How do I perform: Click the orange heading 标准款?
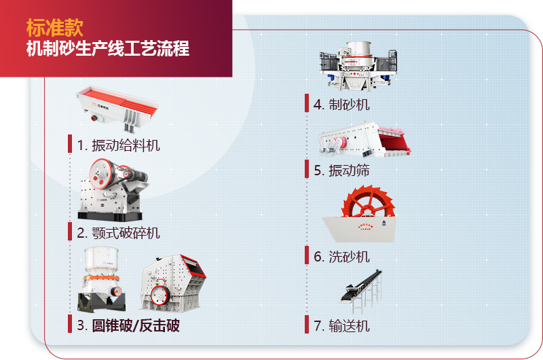pyautogui.click(x=55, y=27)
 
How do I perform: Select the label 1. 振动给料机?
pyautogui.click(x=119, y=145)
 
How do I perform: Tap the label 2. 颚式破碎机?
pyautogui.click(x=119, y=232)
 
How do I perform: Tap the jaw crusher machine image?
pyautogui.click(x=112, y=187)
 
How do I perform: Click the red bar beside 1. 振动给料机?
pyautogui.click(x=70, y=144)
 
